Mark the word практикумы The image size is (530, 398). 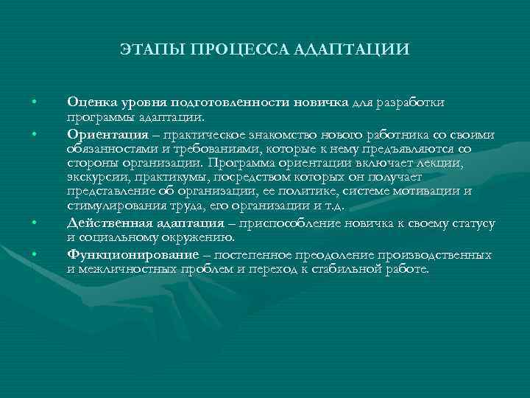pos(177,177)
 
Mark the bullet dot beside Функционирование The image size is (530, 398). pos(34,254)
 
